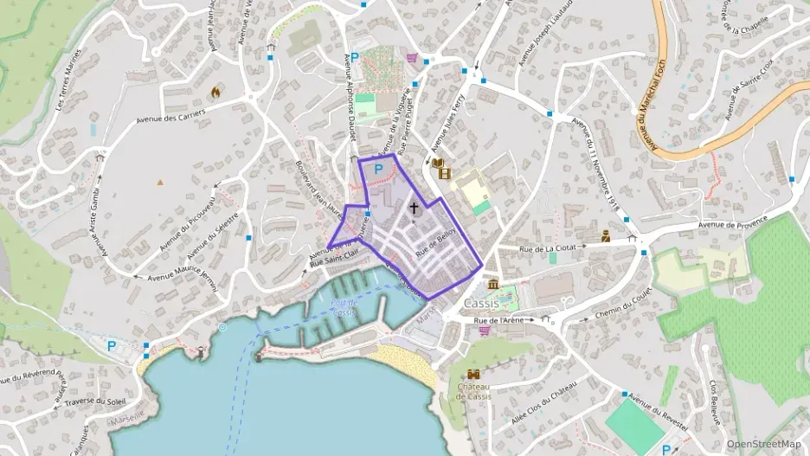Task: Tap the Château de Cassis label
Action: tap(473, 391)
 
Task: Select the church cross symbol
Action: tap(414, 208)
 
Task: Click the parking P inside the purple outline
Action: tap(378, 170)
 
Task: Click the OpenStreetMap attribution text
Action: tap(764, 444)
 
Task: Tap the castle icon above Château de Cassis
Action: tap(473, 374)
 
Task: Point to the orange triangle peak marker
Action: tap(160, 182)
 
